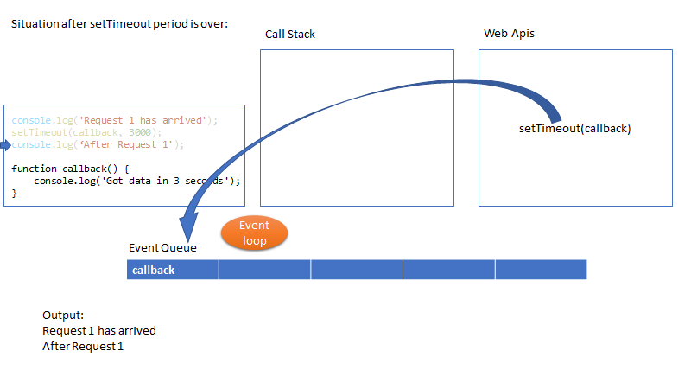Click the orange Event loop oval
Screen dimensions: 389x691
[254, 233]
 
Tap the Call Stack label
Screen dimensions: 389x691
[290, 35]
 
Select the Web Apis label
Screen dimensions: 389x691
[510, 34]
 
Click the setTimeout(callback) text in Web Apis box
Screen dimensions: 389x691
[574, 129]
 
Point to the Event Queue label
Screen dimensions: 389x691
[162, 248]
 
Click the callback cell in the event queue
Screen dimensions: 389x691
[173, 270]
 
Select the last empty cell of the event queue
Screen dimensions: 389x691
[541, 270]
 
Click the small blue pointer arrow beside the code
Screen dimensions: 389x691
[4, 144]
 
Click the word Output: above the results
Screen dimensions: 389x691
[63, 316]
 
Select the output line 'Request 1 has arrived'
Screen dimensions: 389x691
[99, 330]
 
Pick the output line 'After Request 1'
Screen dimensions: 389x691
[84, 346]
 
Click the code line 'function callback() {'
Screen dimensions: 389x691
[70, 169]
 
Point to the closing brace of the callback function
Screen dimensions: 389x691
[15, 194]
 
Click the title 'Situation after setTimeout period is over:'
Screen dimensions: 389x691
[119, 24]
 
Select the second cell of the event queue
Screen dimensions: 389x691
[265, 270]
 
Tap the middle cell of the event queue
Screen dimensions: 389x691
[357, 270]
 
